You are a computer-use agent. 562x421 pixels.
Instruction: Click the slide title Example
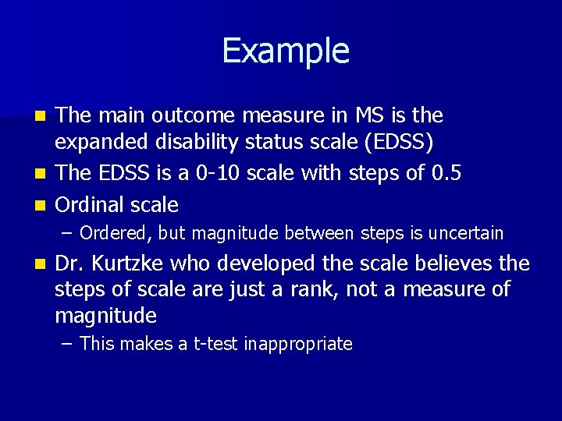(x=286, y=51)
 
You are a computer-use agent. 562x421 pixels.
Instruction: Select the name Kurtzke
(x=128, y=264)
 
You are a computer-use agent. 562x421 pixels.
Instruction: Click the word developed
(x=261, y=264)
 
